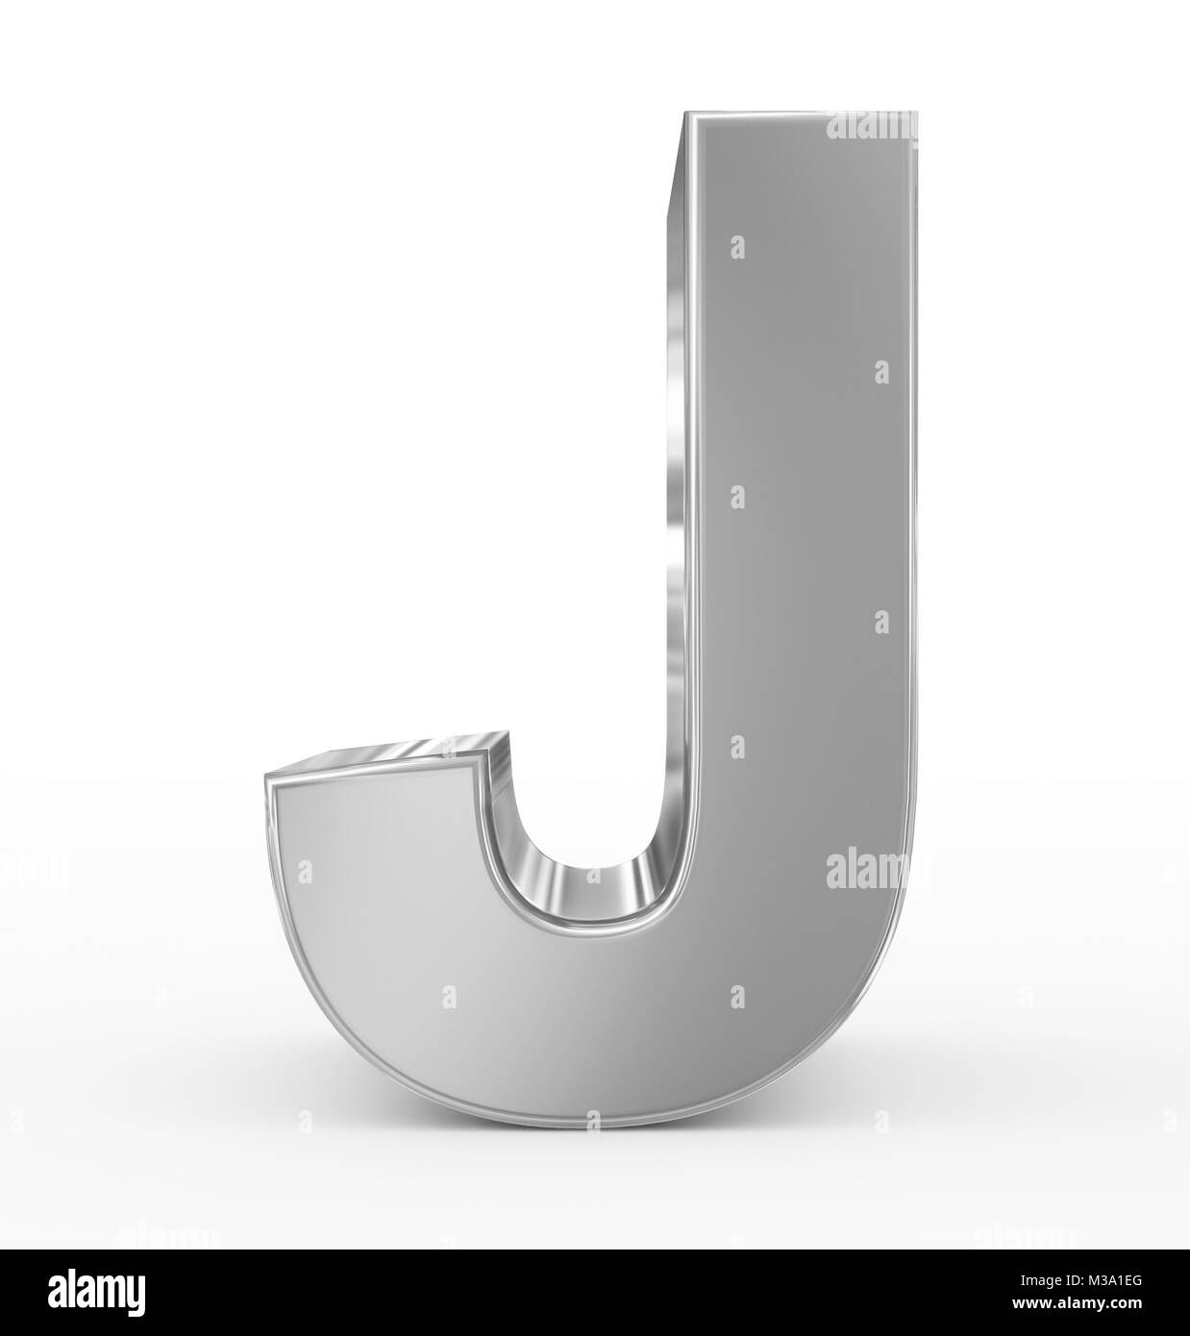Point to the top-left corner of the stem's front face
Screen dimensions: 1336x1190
[x=685, y=115]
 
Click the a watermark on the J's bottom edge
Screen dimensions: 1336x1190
[x=593, y=1119]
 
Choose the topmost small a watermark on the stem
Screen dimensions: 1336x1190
[x=737, y=247]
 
